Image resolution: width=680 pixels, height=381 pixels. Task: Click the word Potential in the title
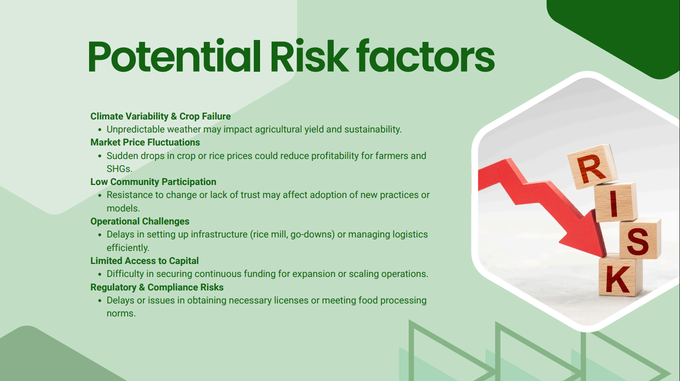[174, 56]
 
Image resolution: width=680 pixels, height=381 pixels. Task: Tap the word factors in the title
[425, 56]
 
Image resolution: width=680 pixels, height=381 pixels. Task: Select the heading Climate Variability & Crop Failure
[160, 116]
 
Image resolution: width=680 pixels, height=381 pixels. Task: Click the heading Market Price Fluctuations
[145, 143]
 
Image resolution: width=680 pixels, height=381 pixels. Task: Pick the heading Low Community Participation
[153, 182]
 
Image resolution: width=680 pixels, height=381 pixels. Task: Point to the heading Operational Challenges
[140, 221]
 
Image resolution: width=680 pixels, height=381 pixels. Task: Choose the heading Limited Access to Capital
[144, 261]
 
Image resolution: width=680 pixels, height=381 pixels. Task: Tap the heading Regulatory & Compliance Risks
[157, 287]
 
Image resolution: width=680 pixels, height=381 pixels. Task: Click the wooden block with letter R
[592, 167]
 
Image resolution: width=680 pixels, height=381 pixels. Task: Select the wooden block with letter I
[615, 202]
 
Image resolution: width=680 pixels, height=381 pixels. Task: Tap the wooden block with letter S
[639, 239]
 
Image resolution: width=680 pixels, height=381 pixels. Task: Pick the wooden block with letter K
[620, 276]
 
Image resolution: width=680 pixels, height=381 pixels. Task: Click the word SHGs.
[119, 169]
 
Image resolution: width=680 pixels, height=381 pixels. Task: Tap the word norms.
[121, 314]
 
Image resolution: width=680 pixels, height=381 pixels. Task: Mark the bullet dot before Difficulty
[100, 274]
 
